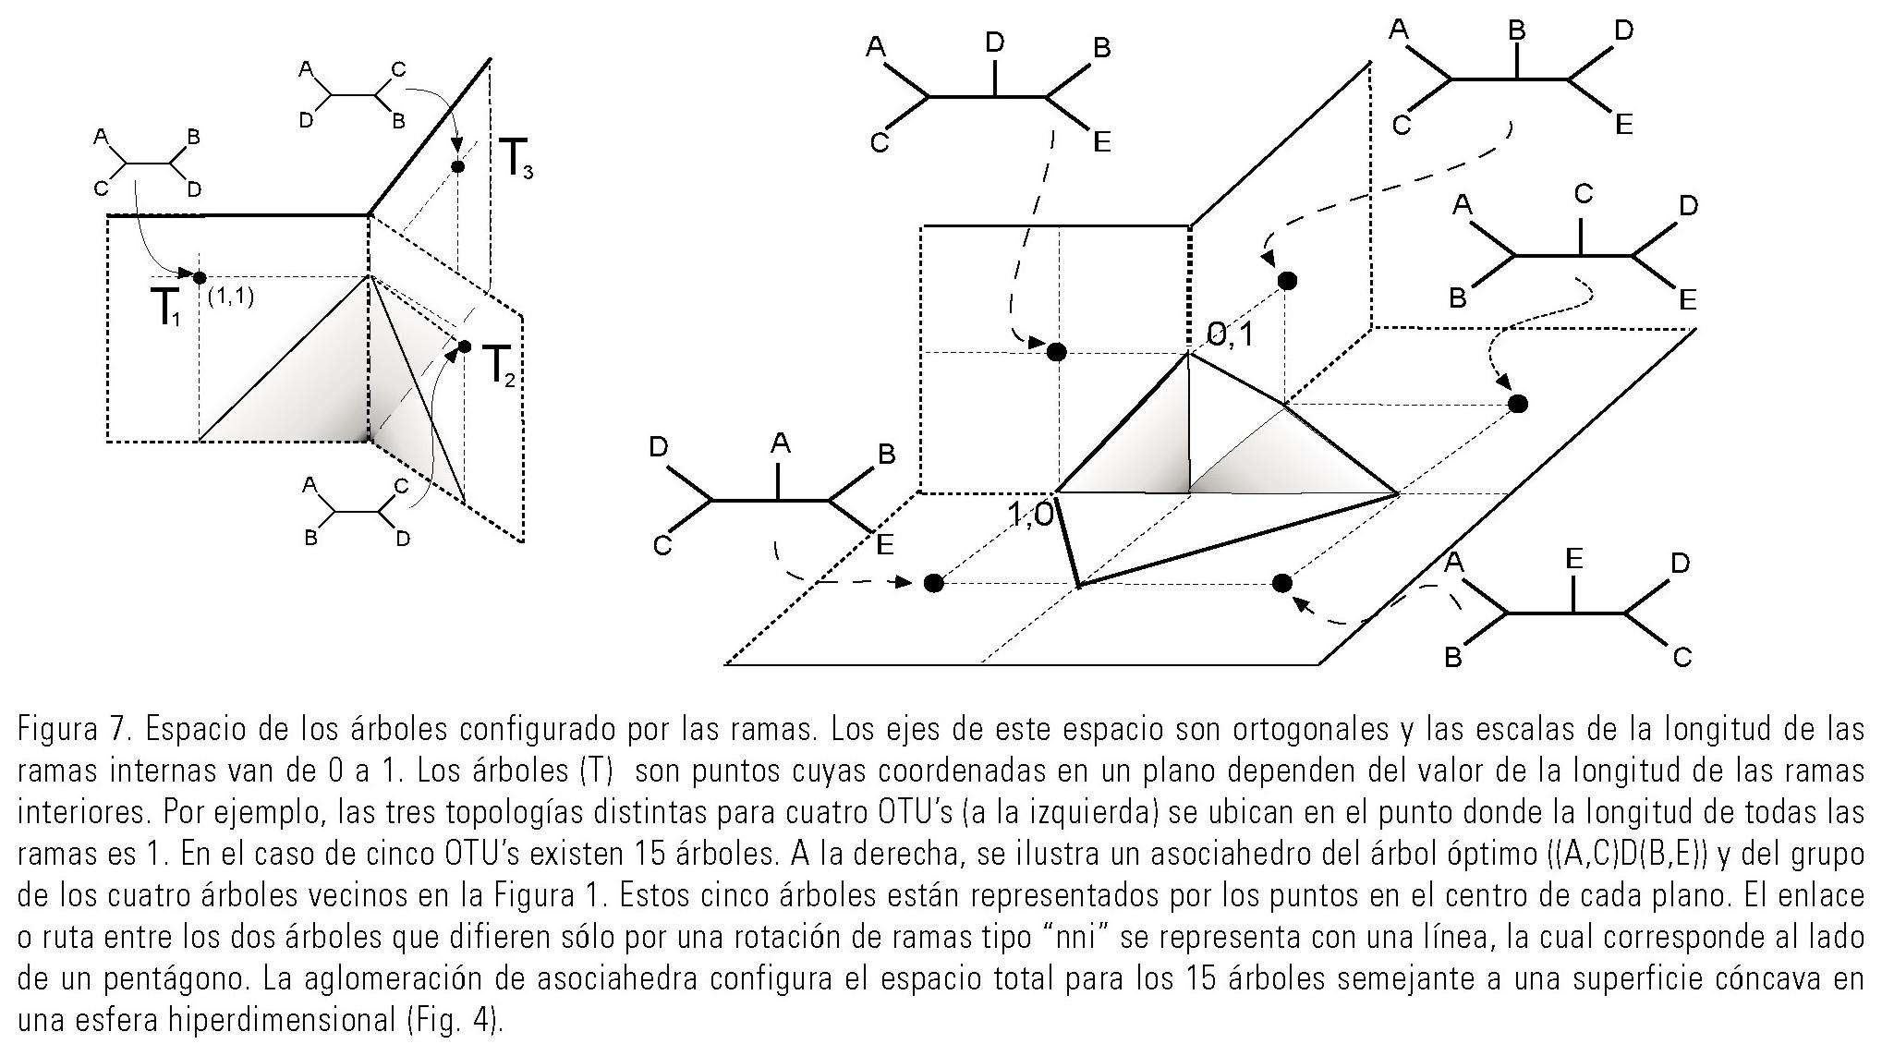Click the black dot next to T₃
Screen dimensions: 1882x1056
tap(456, 166)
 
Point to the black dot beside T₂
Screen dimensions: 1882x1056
tap(464, 346)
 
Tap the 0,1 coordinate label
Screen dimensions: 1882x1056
tap(1230, 334)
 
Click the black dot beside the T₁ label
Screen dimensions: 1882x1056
tap(200, 277)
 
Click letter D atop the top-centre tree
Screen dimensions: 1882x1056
tap(994, 42)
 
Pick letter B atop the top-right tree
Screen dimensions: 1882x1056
tap(1517, 30)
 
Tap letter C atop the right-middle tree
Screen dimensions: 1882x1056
tap(1583, 194)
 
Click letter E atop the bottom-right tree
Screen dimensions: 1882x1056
tap(1574, 558)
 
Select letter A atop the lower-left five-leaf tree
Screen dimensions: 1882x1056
tap(781, 444)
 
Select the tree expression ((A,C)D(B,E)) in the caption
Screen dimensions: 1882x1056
tap(1650, 855)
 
